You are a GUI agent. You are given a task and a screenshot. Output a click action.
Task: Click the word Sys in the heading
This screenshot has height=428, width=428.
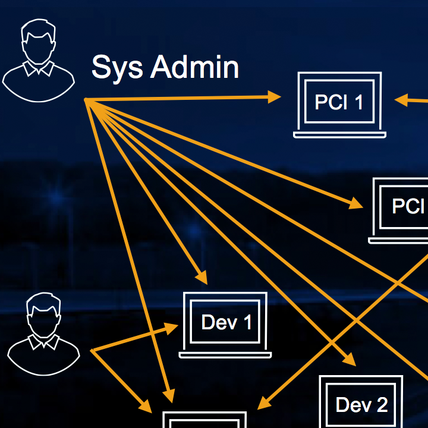(x=117, y=68)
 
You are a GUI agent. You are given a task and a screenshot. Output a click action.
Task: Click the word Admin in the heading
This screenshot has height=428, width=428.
(x=194, y=67)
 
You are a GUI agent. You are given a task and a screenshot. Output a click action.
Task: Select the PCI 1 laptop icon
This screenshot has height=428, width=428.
(x=339, y=104)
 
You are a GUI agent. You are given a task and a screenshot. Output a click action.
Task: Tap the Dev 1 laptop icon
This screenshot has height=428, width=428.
(x=226, y=324)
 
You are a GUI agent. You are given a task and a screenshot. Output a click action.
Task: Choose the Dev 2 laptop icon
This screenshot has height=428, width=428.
(x=361, y=404)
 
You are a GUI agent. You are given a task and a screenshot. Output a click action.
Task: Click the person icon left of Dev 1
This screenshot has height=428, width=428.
(x=43, y=336)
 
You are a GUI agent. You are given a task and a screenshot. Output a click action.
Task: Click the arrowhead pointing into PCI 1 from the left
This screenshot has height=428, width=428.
(x=275, y=97)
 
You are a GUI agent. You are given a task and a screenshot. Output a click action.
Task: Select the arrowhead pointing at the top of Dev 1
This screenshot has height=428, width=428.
(x=202, y=277)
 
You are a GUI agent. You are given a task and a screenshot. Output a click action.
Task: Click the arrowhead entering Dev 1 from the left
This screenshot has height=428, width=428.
(x=172, y=327)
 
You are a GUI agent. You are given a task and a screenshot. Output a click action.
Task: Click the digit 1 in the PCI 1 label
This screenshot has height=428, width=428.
(x=358, y=102)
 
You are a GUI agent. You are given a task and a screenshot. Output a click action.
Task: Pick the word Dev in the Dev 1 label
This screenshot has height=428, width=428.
(x=215, y=323)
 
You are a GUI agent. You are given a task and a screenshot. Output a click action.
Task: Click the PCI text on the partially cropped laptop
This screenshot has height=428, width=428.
(x=408, y=206)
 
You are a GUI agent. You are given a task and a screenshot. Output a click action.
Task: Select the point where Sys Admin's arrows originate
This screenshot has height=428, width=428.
(x=87, y=99)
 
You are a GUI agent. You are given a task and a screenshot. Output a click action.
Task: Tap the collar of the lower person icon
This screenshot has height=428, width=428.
(x=43, y=343)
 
